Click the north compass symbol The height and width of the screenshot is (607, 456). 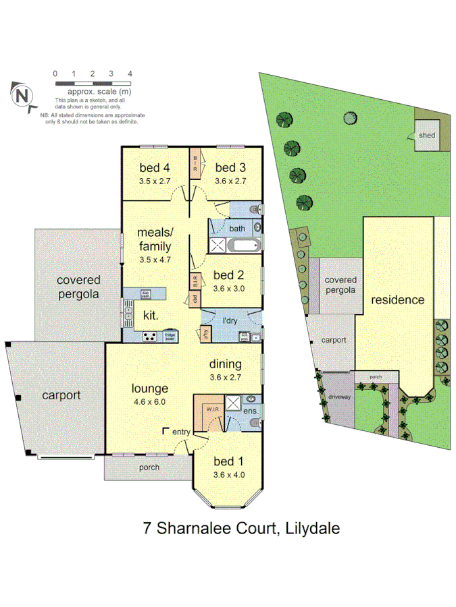22,95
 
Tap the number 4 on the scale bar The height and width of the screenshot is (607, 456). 130,74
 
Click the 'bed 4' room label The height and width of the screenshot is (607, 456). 155,168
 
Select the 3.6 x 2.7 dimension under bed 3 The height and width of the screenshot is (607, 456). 229,181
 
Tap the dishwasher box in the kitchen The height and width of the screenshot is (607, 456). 145,293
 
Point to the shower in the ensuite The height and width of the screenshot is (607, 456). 232,403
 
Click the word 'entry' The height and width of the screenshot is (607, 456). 181,431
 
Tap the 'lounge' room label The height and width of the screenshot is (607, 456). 149,388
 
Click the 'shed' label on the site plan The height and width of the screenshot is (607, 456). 426,136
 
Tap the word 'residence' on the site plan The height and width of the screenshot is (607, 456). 397,299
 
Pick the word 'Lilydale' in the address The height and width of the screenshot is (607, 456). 311,527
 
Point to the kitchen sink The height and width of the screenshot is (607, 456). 128,312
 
